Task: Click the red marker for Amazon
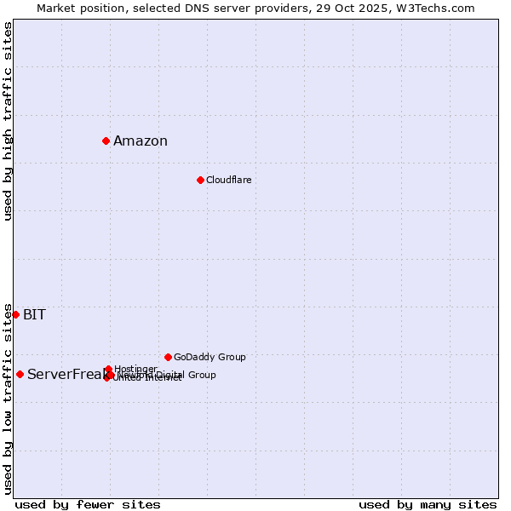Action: [106, 141]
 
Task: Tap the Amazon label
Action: [141, 141]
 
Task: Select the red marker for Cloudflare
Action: [200, 180]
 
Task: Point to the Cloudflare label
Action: [228, 180]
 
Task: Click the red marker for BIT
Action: [15, 314]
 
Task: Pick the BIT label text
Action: [34, 315]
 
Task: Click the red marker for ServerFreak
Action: [20, 374]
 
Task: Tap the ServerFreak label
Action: [64, 375]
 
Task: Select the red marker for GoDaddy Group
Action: [168, 357]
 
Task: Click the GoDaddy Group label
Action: [210, 357]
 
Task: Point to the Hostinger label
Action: [135, 369]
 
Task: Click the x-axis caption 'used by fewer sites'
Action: [88, 505]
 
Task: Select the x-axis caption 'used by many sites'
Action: [428, 505]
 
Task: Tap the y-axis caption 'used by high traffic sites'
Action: [9, 121]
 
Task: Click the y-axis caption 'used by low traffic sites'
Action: [9, 398]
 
